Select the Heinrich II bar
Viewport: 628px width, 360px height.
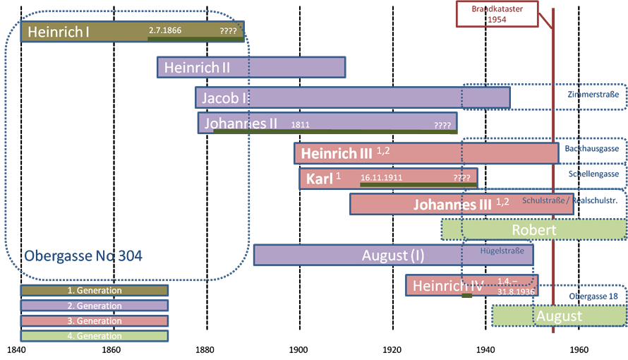[x=250, y=68]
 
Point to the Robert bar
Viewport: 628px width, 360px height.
[x=533, y=229]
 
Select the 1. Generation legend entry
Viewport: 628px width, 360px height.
[x=94, y=291]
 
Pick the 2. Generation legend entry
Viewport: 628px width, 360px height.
[x=94, y=306]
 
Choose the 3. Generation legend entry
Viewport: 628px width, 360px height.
[x=94, y=321]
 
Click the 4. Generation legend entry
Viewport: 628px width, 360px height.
[x=94, y=336]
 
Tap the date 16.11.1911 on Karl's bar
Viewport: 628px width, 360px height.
[x=381, y=178]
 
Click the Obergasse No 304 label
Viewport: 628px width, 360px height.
[x=83, y=256]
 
